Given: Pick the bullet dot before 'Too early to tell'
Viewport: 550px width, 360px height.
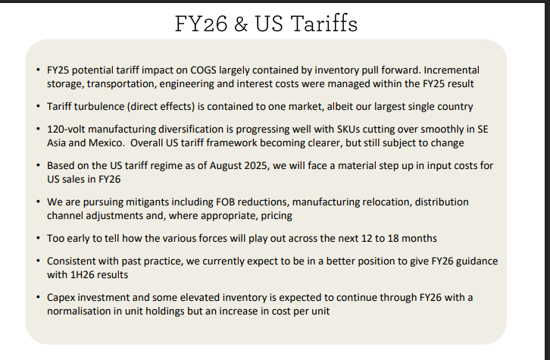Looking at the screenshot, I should click(38, 238).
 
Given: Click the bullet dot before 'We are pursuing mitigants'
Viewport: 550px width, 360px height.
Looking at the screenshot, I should click(38, 202).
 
